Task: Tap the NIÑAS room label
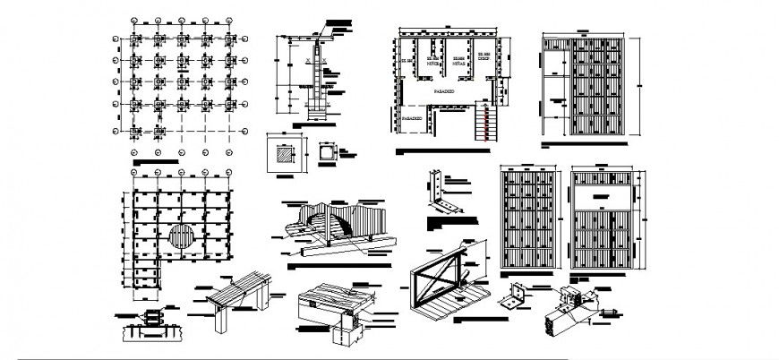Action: pyautogui.click(x=458, y=65)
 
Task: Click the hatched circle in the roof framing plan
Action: pyautogui.click(x=182, y=237)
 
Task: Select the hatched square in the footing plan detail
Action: pyautogui.click(x=284, y=154)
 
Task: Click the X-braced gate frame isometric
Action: pyautogui.click(x=437, y=282)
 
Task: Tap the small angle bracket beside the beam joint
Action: pyautogui.click(x=518, y=295)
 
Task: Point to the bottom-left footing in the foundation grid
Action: pyautogui.click(x=134, y=131)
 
